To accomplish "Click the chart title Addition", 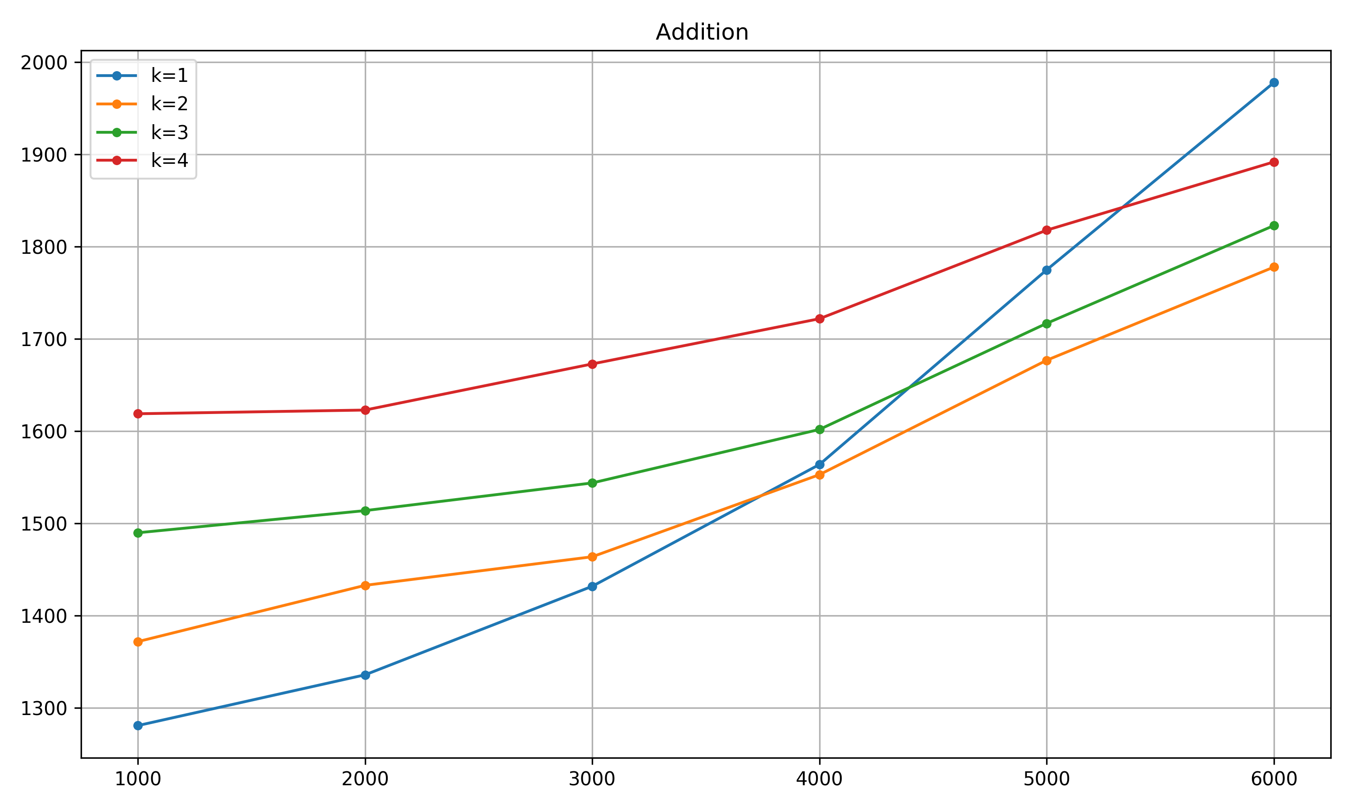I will click(702, 32).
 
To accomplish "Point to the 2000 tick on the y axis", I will click(44, 63).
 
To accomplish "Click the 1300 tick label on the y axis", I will click(44, 708).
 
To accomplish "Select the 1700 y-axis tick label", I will click(44, 339).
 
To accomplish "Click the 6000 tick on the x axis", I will click(1274, 779).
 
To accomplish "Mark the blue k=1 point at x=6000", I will click(1274, 82).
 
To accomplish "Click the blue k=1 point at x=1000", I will click(138, 725).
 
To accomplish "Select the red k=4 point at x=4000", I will click(819, 319).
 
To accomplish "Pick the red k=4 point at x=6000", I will click(1274, 162).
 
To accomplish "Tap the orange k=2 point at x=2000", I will click(365, 585).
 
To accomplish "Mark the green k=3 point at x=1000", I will click(138, 533).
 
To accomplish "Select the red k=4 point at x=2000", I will click(365, 410).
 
